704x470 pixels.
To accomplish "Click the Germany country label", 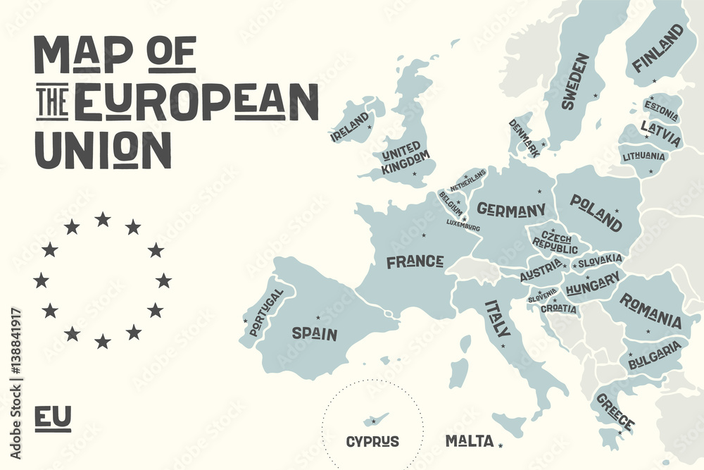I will point(511,209).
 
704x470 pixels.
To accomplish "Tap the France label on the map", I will point(415,262).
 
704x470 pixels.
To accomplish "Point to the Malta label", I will point(469,441).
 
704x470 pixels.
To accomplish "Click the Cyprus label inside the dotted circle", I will point(372,442).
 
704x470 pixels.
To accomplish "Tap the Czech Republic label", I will point(555,238).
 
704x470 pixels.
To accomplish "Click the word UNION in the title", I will point(103,149).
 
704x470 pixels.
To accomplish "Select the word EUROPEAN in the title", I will point(196,101).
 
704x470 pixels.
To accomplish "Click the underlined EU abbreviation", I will point(53,417).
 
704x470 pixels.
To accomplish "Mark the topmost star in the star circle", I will point(103,219).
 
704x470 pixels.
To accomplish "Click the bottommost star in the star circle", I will point(103,342).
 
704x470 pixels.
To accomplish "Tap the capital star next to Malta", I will point(501,444).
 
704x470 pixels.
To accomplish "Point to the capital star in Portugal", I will point(246,322).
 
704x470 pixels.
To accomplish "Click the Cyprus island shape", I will point(372,420).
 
